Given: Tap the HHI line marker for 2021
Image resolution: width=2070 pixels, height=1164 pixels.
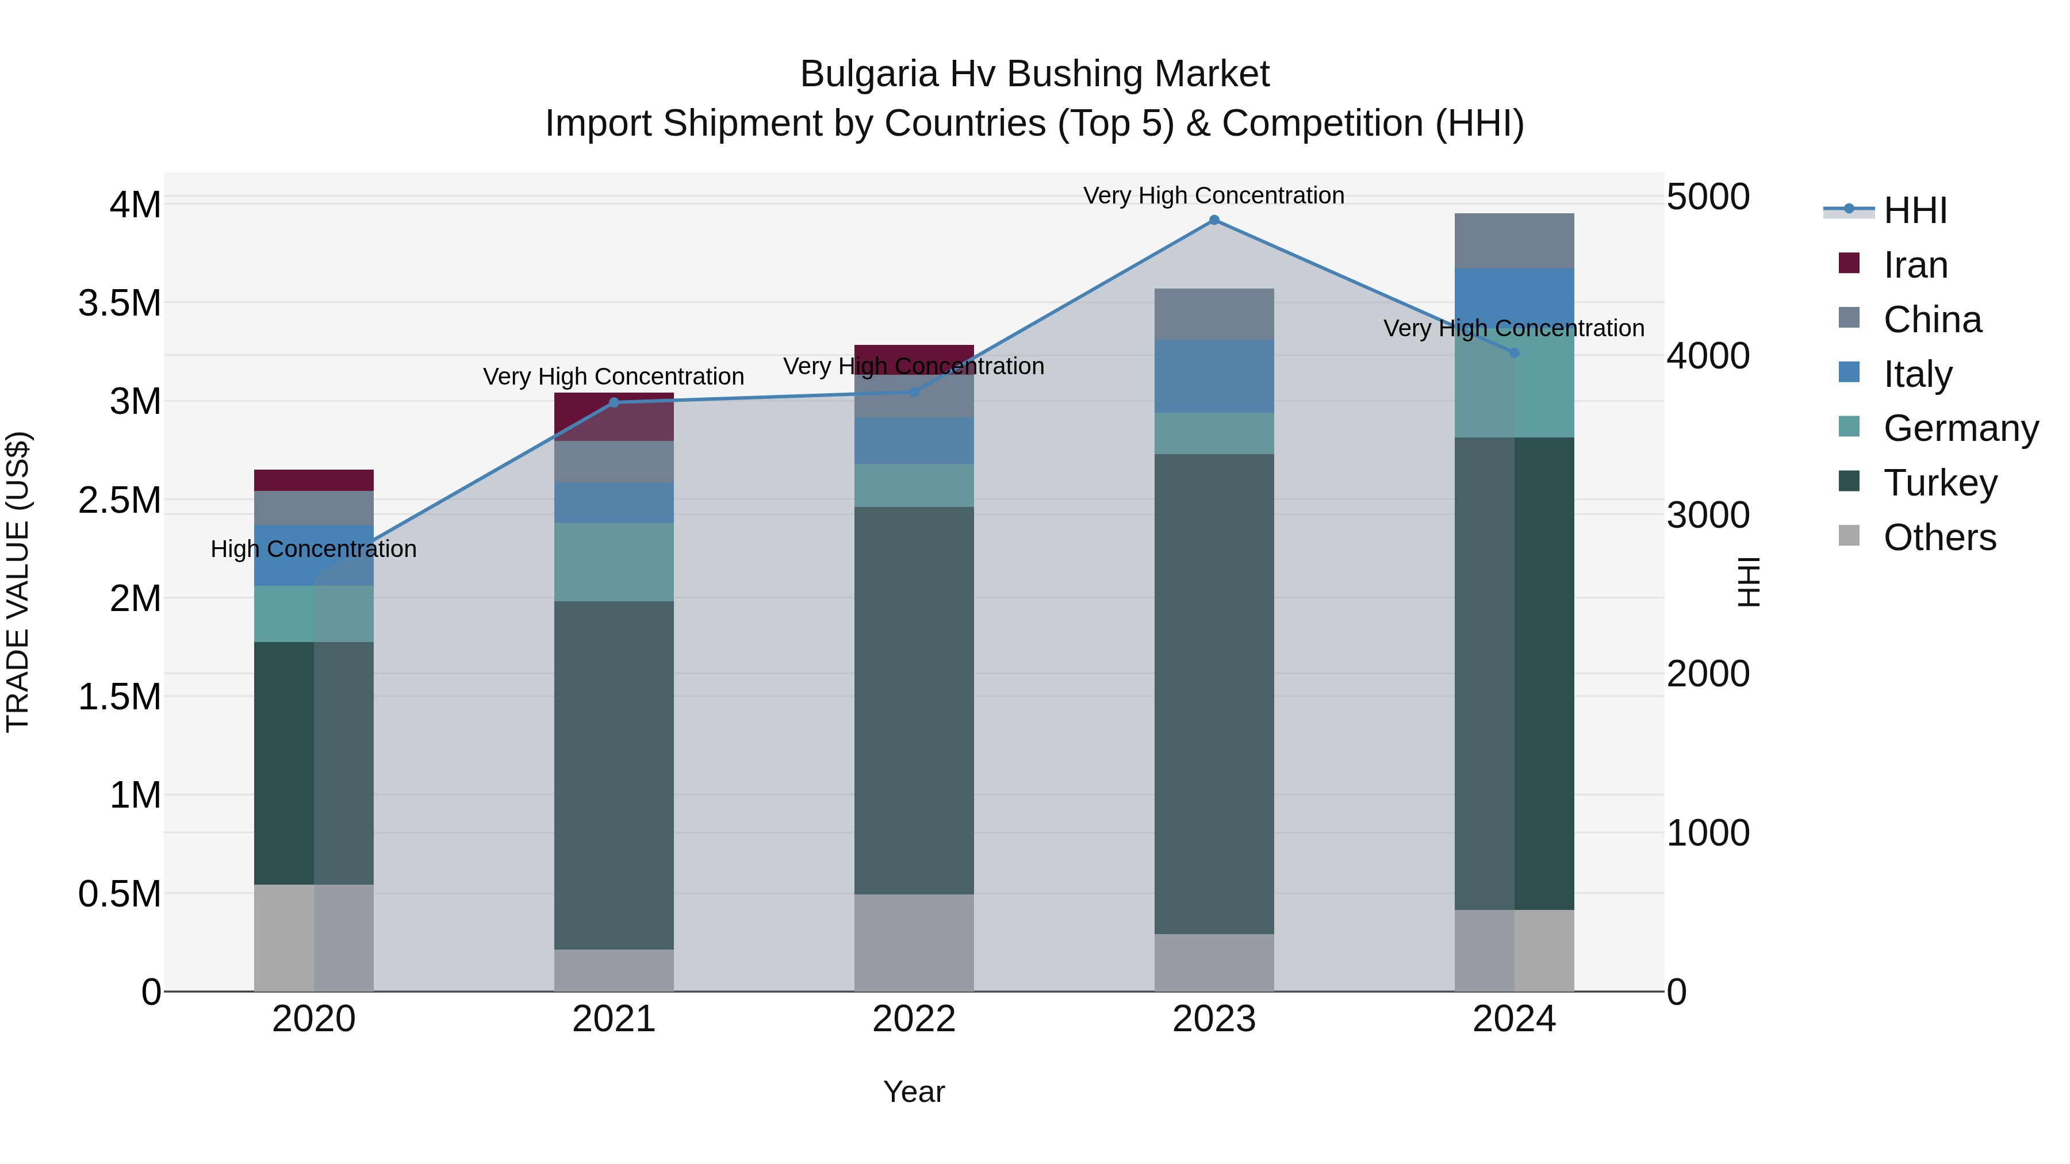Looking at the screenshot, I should [x=614, y=402].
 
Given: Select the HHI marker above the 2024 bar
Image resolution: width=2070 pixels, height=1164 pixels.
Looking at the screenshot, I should [x=1514, y=353].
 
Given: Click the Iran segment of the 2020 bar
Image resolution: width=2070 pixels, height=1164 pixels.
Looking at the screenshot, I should [x=313, y=481].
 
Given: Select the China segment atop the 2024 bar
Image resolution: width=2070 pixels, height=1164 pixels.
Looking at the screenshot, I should [x=1514, y=241].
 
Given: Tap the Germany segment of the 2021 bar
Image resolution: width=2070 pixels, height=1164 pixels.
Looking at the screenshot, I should [x=614, y=562].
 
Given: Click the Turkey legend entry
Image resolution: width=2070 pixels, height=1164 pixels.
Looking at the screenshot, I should [x=1940, y=483].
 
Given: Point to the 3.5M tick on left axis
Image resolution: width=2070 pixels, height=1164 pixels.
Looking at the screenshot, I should [x=119, y=304].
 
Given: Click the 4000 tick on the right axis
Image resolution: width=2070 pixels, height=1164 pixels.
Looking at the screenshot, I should [x=1708, y=355].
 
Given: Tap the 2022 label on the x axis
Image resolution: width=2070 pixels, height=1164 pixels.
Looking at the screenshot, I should [x=914, y=1019].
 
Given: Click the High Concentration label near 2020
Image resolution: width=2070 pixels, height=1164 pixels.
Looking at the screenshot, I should [x=313, y=549].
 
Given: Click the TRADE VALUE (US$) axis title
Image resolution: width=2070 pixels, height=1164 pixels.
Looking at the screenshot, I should [x=18, y=582].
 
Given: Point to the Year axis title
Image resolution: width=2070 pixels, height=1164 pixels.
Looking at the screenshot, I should [x=914, y=1092].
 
